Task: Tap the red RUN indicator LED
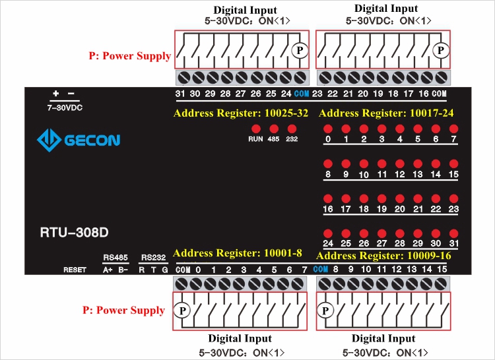point(255,128)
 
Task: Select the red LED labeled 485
point(273,128)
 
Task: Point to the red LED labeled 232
point(292,128)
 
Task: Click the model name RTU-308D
point(74,232)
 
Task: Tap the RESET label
point(75,270)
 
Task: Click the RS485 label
point(115,257)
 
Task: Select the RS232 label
point(154,257)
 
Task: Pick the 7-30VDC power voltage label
point(64,107)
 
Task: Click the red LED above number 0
point(327,129)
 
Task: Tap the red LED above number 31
point(453,233)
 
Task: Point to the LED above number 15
point(453,164)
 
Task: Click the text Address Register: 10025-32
point(241,113)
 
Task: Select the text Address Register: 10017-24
point(386,113)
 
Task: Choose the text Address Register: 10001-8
point(238,253)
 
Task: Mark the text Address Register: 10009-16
point(383,256)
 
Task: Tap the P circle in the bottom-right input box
point(325,310)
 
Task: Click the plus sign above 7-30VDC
point(56,94)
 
